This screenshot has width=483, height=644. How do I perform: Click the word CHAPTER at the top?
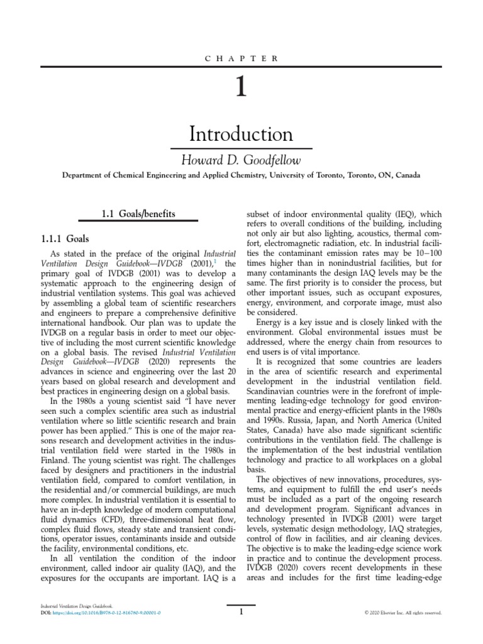point(241,58)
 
